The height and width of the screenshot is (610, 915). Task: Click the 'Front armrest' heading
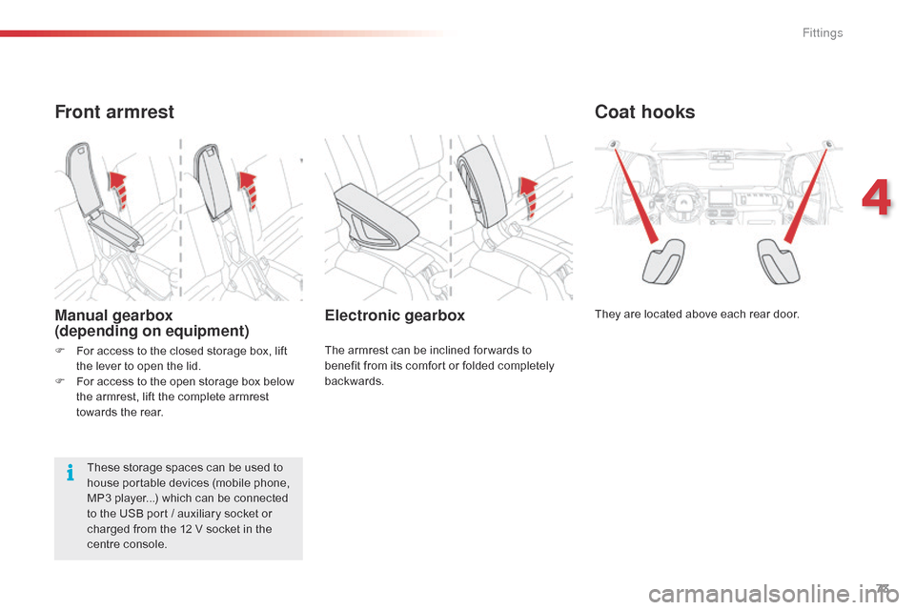click(114, 112)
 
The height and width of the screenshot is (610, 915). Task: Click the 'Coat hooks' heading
click(645, 112)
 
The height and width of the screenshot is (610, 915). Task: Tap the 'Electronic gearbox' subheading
click(395, 315)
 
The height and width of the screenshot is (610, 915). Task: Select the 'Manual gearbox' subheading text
click(113, 315)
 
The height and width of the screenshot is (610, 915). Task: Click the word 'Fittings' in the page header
click(823, 32)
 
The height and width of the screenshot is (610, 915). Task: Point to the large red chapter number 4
click(877, 198)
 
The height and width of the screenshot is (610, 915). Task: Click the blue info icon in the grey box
click(70, 472)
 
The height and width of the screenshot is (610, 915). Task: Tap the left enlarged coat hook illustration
click(663, 261)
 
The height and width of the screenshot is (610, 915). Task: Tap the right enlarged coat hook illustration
click(779, 261)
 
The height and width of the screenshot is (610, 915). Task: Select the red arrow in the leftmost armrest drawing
click(119, 190)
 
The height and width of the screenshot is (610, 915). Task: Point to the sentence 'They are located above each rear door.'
click(697, 314)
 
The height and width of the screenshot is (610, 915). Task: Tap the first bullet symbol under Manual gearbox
click(59, 351)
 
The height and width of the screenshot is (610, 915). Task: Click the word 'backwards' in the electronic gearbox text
click(353, 381)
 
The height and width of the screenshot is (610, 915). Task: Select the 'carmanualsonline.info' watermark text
click(774, 595)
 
